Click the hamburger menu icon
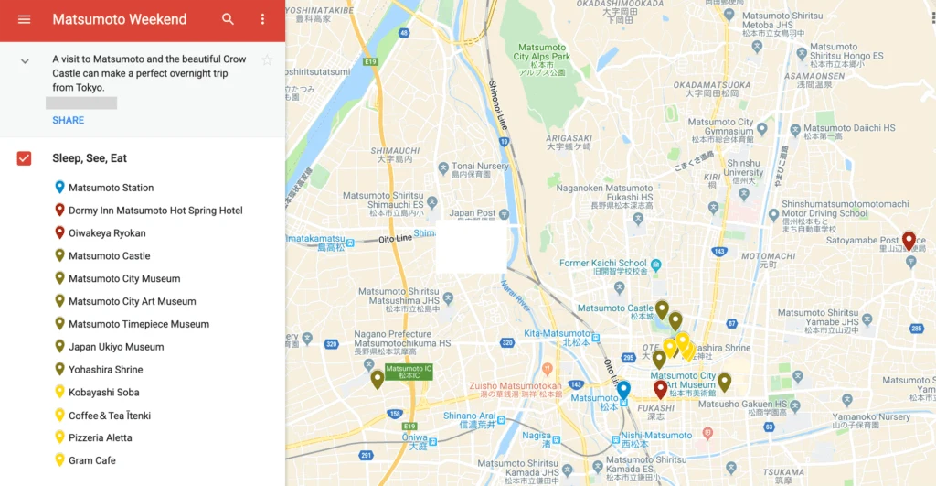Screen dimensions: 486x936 pyautogui.click(x=25, y=19)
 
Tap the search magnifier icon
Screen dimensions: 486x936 pyautogui.click(x=228, y=19)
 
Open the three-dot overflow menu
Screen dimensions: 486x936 pyautogui.click(x=263, y=19)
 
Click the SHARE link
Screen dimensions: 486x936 pyautogui.click(x=68, y=120)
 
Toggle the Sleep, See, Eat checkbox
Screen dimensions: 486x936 pyautogui.click(x=25, y=158)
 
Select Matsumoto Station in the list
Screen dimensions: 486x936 pyautogui.click(x=111, y=188)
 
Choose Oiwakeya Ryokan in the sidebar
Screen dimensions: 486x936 pyautogui.click(x=107, y=233)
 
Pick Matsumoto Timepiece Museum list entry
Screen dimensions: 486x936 pyautogui.click(x=138, y=324)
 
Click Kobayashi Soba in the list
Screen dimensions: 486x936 pyautogui.click(x=103, y=393)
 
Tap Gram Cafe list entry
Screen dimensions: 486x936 pyautogui.click(x=91, y=460)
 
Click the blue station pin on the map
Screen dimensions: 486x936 pyautogui.click(x=623, y=391)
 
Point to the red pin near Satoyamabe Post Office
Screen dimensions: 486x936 pyautogui.click(x=909, y=241)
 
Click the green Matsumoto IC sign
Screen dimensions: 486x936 pyautogui.click(x=409, y=372)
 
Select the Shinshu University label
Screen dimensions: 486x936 pyautogui.click(x=743, y=167)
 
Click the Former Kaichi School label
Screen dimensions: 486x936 pyautogui.click(x=602, y=264)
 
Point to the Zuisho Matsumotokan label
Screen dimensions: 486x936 pyautogui.click(x=516, y=386)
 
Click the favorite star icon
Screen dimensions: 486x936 pyautogui.click(x=267, y=60)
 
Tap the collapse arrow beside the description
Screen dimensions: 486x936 pyautogui.click(x=25, y=61)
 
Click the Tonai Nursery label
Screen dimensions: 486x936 pyautogui.click(x=480, y=167)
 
